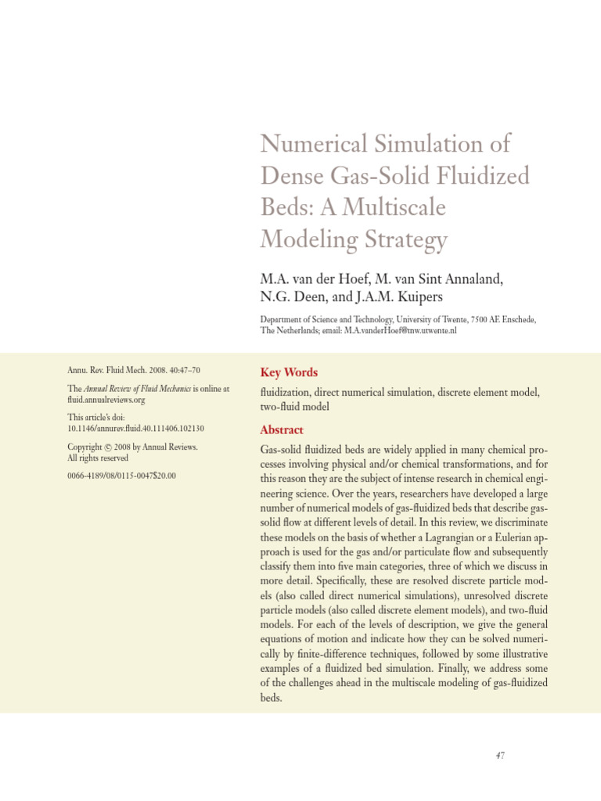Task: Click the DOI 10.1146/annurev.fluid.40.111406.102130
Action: (135, 429)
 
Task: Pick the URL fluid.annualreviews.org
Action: (106, 400)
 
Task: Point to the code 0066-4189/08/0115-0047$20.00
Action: (121, 475)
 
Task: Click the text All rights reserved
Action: (98, 458)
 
